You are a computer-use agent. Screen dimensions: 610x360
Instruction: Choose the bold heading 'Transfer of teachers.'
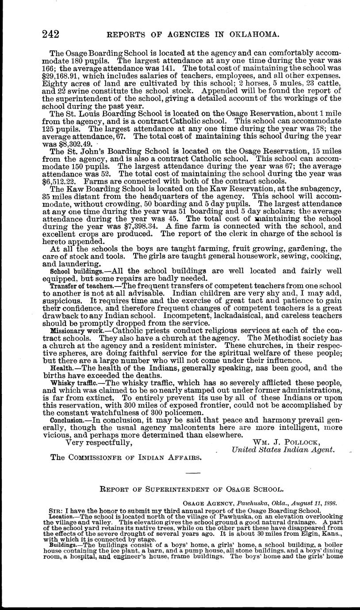tap(80, 286)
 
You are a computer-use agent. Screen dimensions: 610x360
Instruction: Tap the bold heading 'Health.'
tap(62, 368)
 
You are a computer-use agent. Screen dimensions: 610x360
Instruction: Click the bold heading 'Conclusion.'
tap(67, 420)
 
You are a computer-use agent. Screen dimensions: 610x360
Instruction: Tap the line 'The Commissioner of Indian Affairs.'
tap(126, 457)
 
